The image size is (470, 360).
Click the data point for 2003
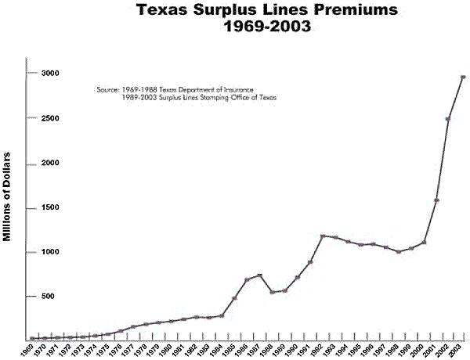[463, 77]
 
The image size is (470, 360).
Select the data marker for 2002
[448, 119]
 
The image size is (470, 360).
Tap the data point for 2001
[436, 200]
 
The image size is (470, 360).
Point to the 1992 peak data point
[323, 236]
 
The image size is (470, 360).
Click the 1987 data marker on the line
[259, 275]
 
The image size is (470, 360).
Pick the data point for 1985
[234, 298]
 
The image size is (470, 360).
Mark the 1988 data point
[272, 292]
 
